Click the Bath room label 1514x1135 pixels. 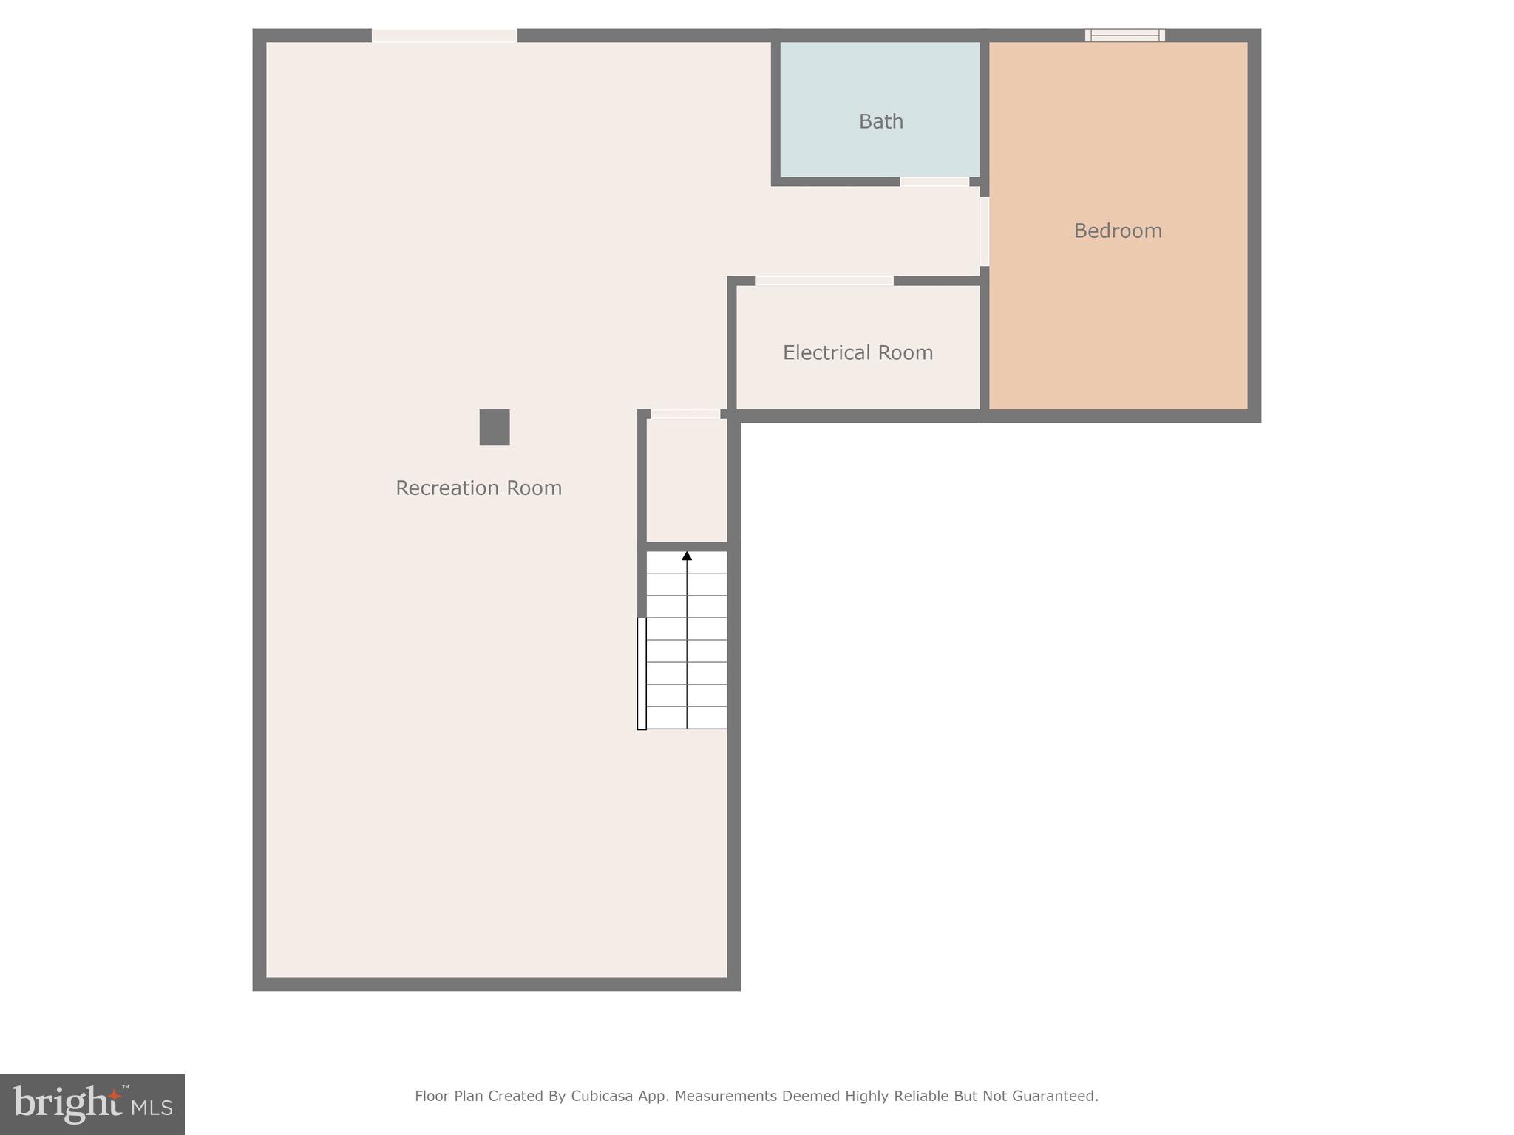880,121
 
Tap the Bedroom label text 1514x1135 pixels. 1117,231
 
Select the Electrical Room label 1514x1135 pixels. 858,352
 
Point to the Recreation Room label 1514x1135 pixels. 478,488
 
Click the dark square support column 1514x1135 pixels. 495,427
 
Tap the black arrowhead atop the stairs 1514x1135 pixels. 687,556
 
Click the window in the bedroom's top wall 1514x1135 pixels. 1124,35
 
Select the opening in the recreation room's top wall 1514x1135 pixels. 444,35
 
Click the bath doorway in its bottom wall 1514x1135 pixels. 934,182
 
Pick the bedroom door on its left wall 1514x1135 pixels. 984,231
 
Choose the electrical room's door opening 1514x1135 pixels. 824,281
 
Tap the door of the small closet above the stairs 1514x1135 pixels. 685,415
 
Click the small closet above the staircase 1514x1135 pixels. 687,480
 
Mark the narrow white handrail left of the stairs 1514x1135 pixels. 642,673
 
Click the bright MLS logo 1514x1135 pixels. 92,1104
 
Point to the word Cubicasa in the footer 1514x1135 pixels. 601,1096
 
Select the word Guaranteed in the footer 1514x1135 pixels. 1054,1096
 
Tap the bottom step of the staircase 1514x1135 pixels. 687,718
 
